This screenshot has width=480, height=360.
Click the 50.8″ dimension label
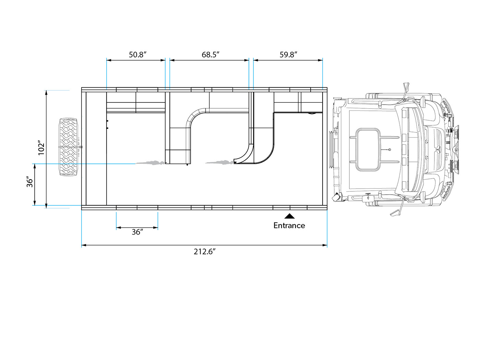tap(137, 55)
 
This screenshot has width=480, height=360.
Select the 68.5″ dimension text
tap(210, 55)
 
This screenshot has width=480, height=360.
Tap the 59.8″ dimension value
tap(288, 55)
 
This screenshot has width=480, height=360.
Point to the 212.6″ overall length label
tap(204, 252)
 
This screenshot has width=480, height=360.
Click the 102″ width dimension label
tap(41, 148)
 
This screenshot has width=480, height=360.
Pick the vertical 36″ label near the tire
tap(30, 182)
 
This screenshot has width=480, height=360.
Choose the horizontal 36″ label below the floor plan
tap(137, 232)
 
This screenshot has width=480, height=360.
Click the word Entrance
tap(289, 226)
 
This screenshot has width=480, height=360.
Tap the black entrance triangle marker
tap(289, 216)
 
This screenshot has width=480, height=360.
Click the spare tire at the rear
tap(69, 147)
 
